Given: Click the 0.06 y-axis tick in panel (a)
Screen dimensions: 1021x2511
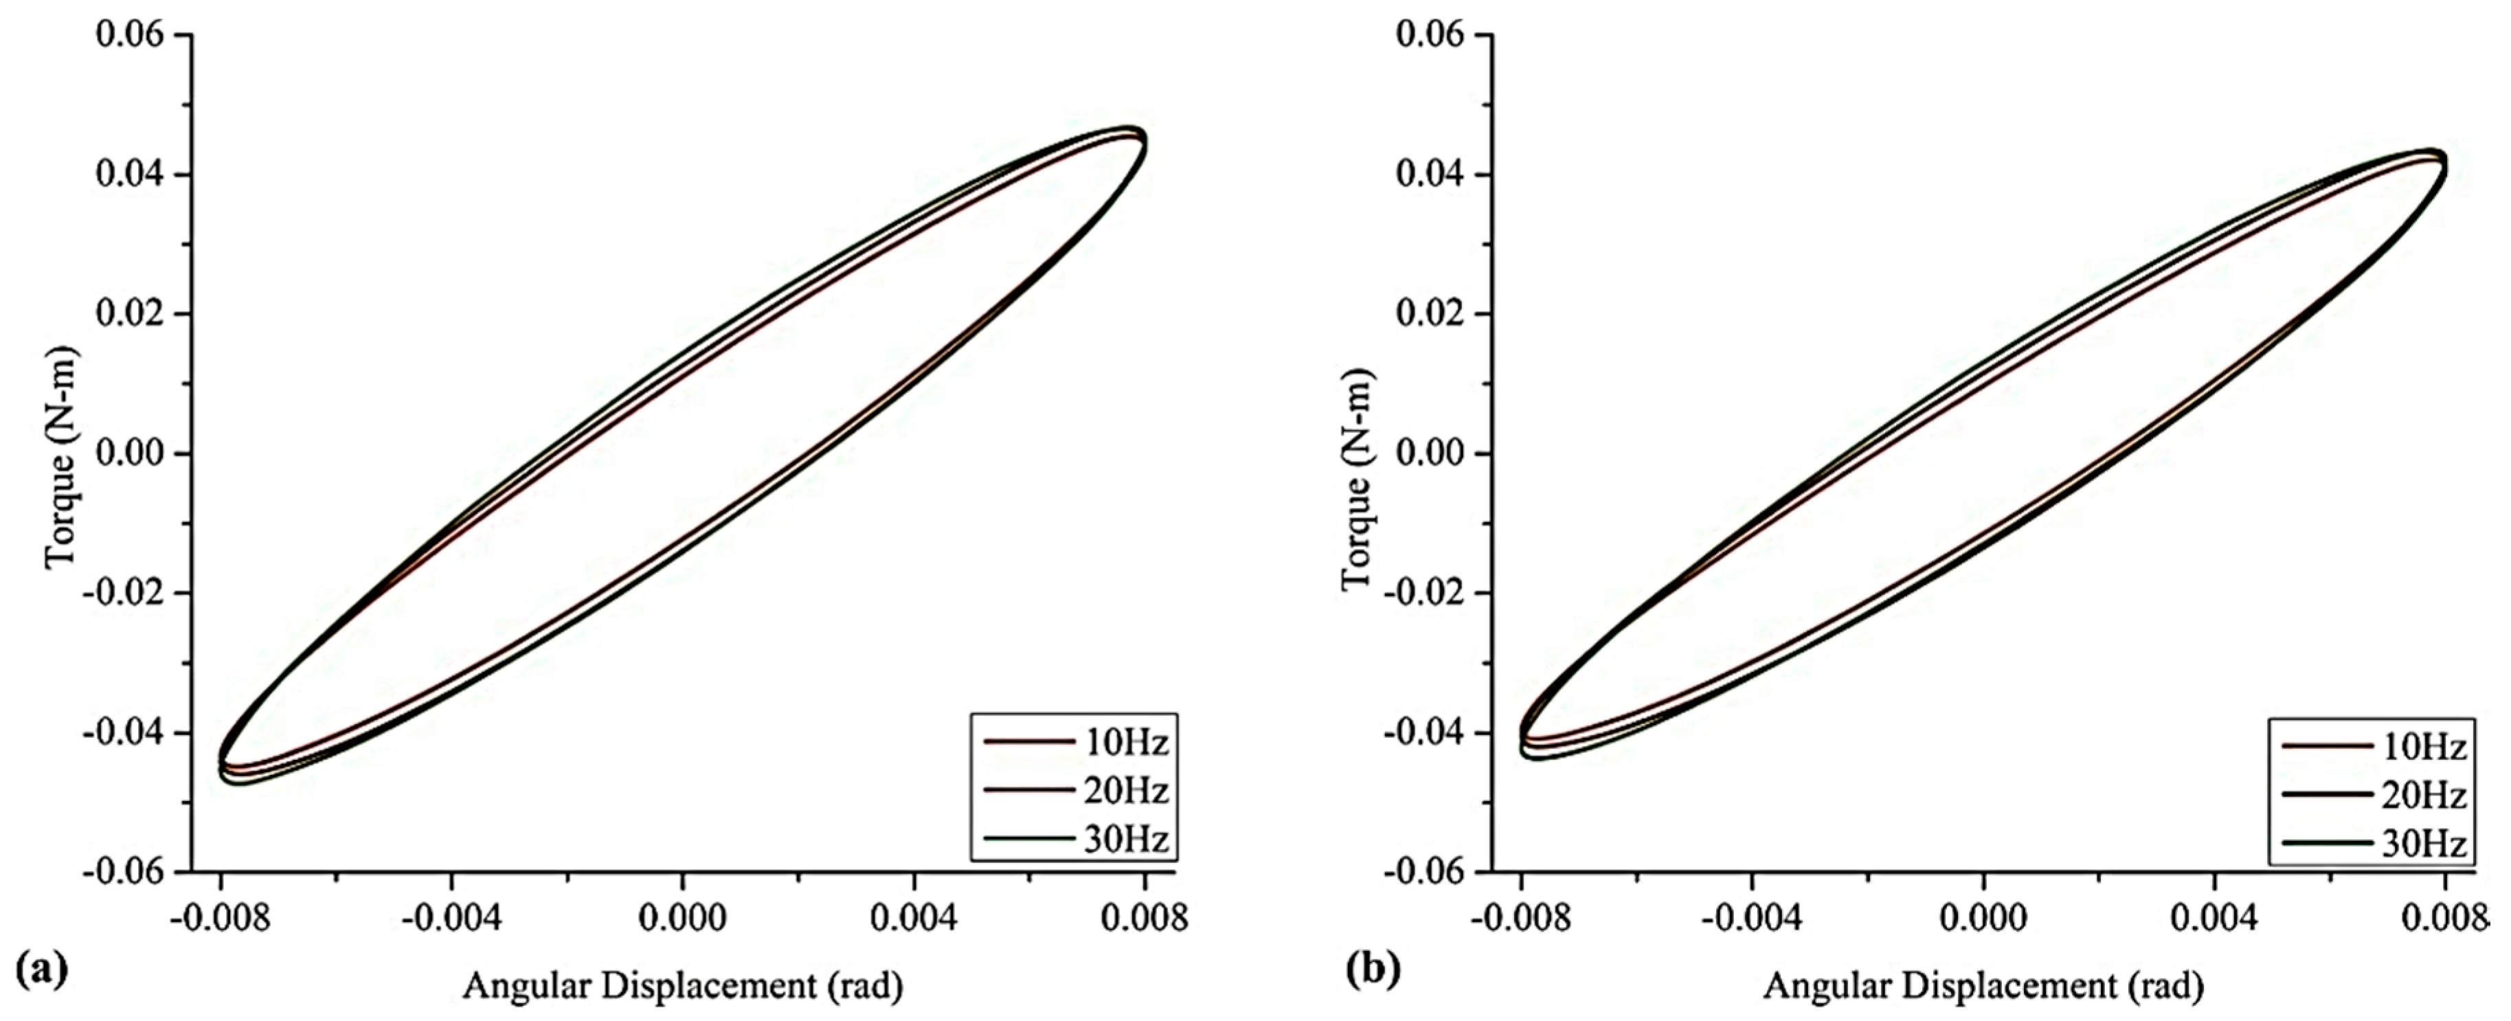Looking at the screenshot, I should [x=131, y=35].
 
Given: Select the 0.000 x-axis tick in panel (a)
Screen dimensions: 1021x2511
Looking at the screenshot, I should [x=682, y=919].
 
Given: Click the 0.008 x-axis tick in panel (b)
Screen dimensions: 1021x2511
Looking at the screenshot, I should [x=2445, y=919].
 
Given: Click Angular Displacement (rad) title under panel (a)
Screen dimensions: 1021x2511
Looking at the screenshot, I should [x=682, y=986].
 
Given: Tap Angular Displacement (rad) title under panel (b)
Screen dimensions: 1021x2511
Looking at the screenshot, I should [x=1983, y=986].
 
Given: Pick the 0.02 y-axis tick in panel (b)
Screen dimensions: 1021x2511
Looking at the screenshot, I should [x=1431, y=315].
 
